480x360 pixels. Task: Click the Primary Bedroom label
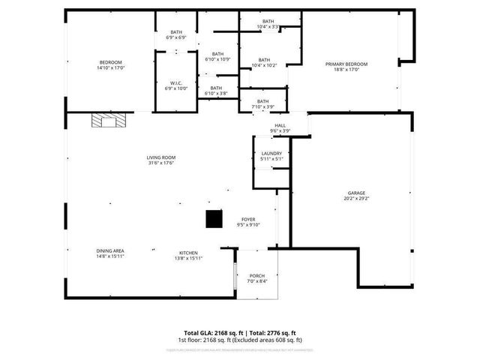342,64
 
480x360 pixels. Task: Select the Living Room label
155,157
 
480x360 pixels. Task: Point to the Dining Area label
110,251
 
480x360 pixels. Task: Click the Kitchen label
188,253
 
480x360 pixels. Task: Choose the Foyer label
247,219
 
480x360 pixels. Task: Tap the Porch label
257,276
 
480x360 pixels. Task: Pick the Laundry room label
271,153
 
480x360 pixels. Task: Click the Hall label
280,126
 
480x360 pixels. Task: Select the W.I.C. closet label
176,82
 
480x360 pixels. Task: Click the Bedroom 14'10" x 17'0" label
110,62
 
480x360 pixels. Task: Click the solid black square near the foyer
214,218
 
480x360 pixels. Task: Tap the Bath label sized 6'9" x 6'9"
176,32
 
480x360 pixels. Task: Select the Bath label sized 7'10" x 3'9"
263,101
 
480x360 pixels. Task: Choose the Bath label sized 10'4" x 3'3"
268,22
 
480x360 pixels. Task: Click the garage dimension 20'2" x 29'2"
356,199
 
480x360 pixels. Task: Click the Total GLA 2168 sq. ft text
211,332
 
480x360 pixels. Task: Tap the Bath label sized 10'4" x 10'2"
264,60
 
